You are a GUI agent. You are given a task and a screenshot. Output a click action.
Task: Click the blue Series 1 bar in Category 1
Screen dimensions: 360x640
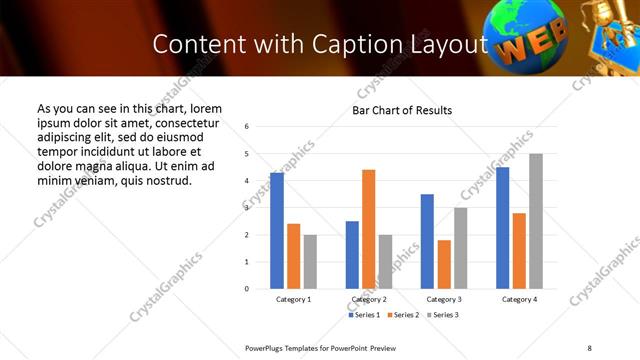pyautogui.click(x=277, y=231)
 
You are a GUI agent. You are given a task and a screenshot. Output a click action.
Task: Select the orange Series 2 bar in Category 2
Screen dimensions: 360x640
pyautogui.click(x=369, y=229)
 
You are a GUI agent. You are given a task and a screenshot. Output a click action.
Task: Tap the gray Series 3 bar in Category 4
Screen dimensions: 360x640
pyautogui.click(x=536, y=221)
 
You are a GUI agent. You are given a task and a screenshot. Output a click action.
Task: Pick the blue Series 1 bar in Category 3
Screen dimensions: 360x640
pyautogui.click(x=427, y=241)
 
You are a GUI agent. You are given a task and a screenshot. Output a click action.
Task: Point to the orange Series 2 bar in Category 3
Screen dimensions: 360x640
pyautogui.click(x=444, y=264)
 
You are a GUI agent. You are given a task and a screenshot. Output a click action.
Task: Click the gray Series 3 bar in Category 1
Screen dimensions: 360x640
pyautogui.click(x=310, y=262)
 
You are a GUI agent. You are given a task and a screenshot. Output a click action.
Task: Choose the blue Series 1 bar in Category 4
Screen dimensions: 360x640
pyautogui.click(x=502, y=228)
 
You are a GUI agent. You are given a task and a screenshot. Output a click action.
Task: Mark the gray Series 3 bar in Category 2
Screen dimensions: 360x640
pyautogui.click(x=386, y=262)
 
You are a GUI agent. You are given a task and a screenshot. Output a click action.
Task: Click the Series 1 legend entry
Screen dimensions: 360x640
pyautogui.click(x=364, y=315)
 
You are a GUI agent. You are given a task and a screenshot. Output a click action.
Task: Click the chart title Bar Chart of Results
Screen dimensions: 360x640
pyautogui.click(x=402, y=110)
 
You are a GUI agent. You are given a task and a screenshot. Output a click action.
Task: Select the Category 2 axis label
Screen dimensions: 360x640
pyautogui.click(x=369, y=300)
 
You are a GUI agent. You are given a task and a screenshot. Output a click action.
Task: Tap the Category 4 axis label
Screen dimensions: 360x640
pyautogui.click(x=519, y=300)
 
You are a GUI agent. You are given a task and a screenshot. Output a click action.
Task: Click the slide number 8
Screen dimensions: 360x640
pyautogui.click(x=589, y=347)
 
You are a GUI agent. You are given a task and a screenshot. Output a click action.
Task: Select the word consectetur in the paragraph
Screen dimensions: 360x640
pyautogui.click(x=179, y=122)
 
